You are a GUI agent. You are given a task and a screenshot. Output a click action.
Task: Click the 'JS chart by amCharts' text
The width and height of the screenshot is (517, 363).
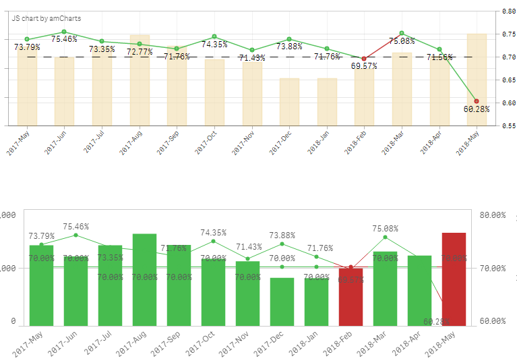pos(47,18)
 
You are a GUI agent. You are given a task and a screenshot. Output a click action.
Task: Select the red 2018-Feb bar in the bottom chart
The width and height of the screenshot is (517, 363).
pos(351,297)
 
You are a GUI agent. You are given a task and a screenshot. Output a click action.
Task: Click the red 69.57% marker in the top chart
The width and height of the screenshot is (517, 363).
pos(364,59)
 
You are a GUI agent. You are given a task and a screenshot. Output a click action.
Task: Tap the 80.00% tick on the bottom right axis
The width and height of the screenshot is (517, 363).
pos(493,215)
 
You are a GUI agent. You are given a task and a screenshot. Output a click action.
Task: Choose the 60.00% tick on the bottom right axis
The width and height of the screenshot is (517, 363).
pos(493,321)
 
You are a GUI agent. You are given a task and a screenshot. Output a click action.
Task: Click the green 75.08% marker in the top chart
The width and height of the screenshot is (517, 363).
pos(401,33)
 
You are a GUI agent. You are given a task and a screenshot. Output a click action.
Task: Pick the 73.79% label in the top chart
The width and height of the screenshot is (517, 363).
pos(28,47)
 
